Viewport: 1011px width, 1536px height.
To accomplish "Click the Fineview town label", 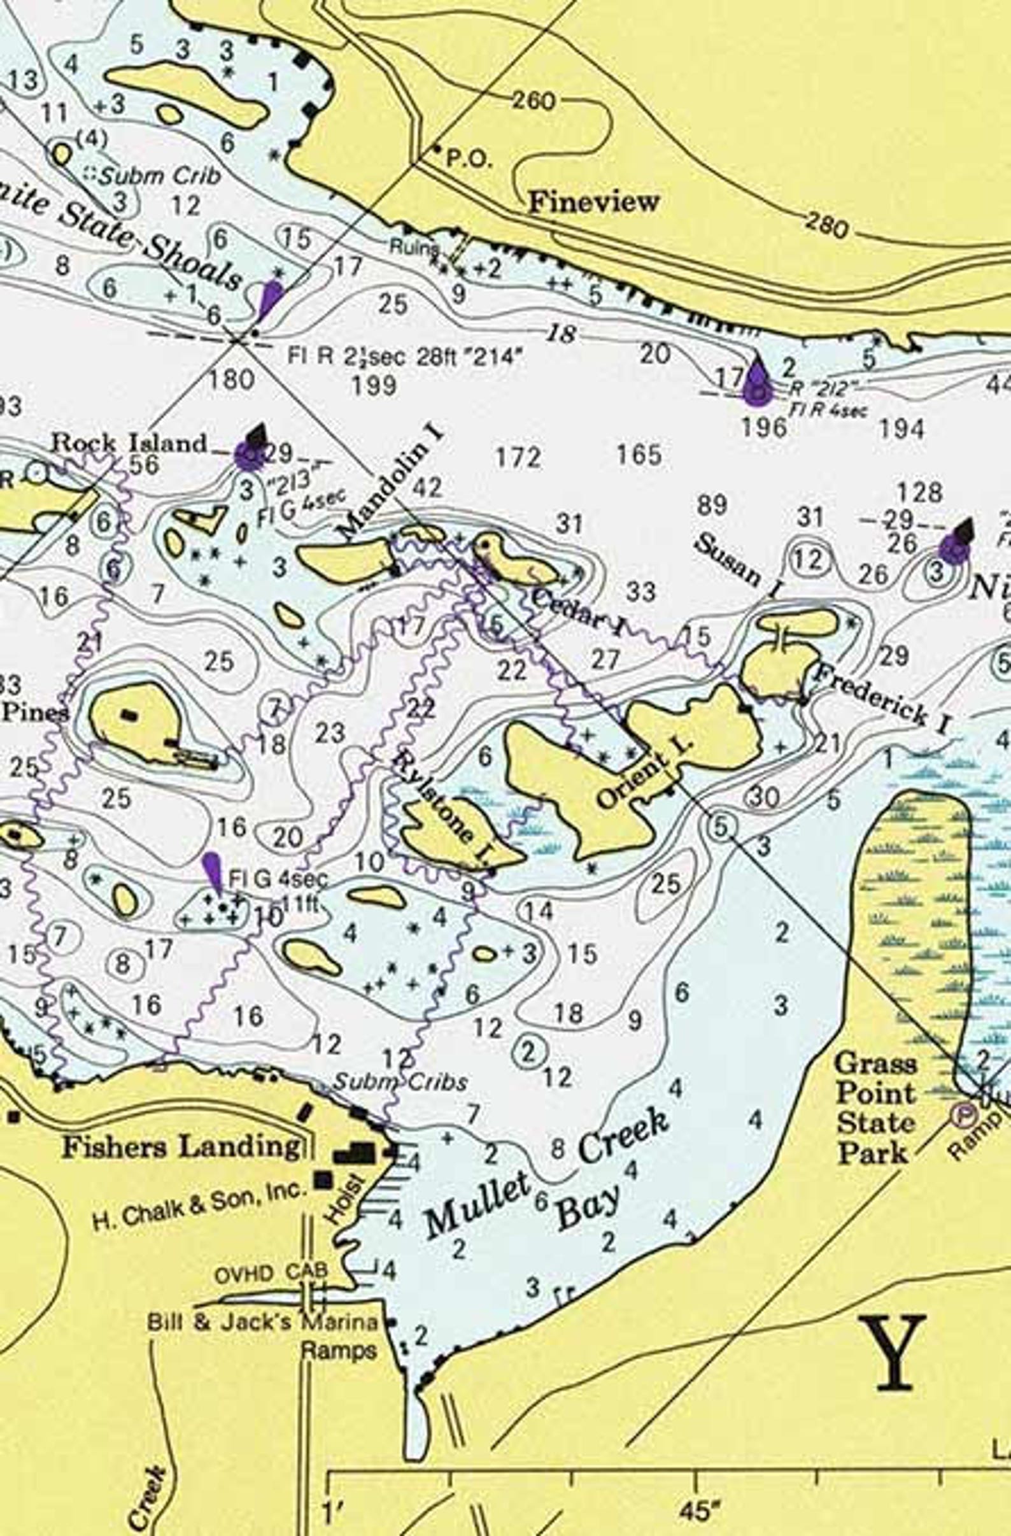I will coord(593,202).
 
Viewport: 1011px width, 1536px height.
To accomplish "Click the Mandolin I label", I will coord(392,480).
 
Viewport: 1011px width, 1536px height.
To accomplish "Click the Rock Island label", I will coord(129,443).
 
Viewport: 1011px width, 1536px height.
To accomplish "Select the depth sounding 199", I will coord(375,385).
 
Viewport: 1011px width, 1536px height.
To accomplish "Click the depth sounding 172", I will coord(518,458).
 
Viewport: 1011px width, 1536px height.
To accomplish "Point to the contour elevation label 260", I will coord(534,101).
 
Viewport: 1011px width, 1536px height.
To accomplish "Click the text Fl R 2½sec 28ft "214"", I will coord(404,356).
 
